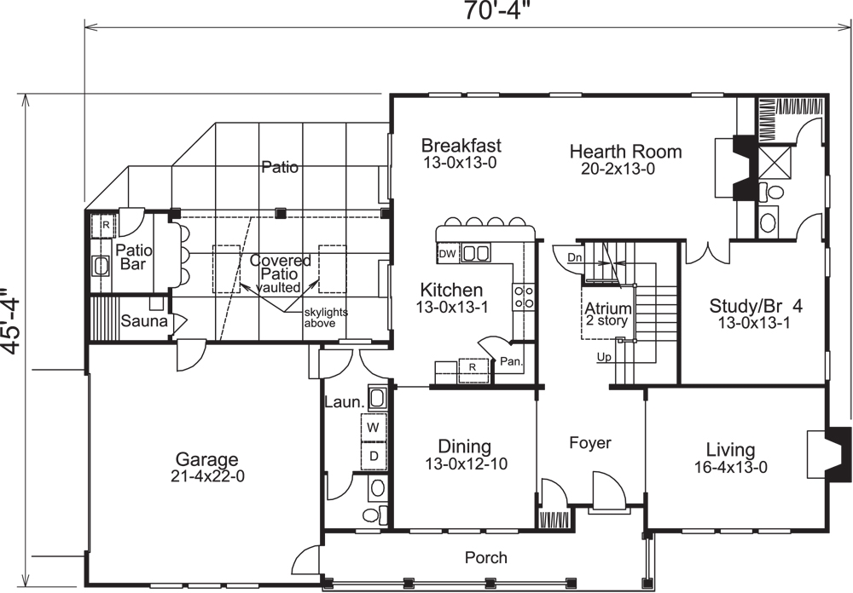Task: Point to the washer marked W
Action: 374,425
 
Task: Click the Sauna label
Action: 137,322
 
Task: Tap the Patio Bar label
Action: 133,257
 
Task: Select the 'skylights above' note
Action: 326,318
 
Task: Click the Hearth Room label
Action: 625,152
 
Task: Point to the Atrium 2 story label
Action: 607,314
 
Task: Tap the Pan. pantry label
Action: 511,361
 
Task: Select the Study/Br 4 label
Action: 756,304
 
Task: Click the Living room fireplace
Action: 825,452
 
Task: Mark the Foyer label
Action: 590,443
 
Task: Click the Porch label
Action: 485,558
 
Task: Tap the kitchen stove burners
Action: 523,296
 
